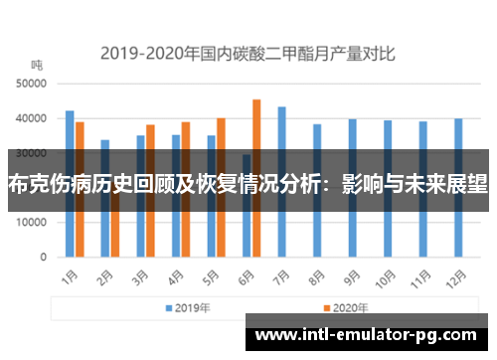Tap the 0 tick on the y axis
[x=44, y=258]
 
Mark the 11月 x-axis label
[x=424, y=273]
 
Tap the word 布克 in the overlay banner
[x=27, y=183]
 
